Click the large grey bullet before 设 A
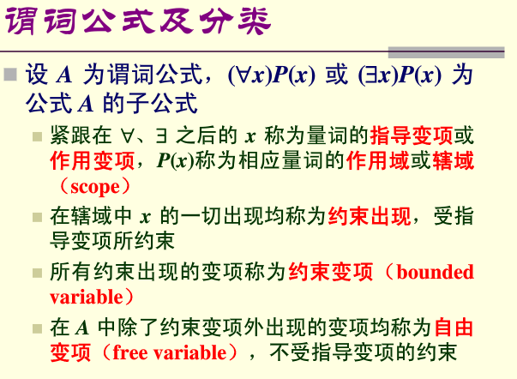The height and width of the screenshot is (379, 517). pos(12,75)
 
